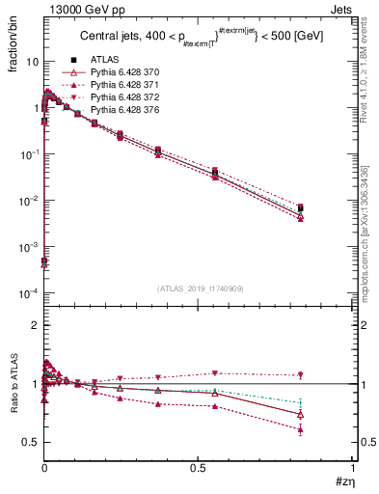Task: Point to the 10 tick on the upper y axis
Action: pyautogui.click(x=29, y=61)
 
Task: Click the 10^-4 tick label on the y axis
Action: pyautogui.click(x=26, y=293)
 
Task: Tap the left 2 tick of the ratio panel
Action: pyautogui.click(x=31, y=326)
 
